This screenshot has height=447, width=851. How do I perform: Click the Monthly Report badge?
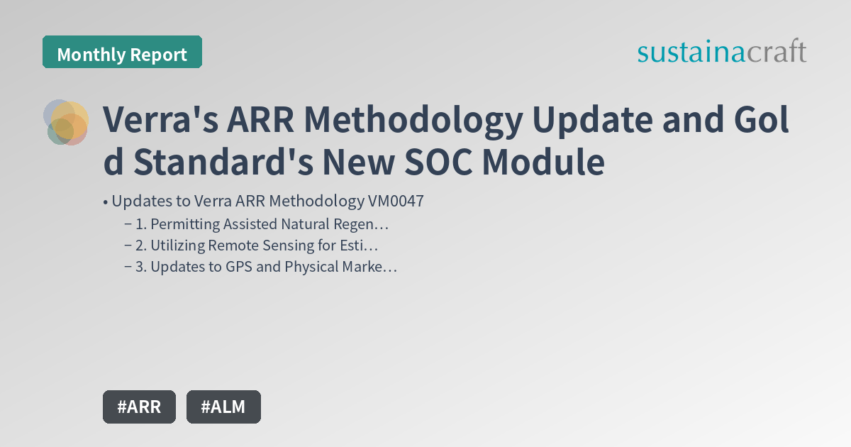coord(122,54)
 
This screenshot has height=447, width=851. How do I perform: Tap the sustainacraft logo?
coord(721,52)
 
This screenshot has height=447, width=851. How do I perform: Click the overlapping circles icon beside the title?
coord(66,122)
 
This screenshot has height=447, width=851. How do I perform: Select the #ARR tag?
coord(139,407)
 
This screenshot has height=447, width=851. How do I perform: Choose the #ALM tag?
coord(223,407)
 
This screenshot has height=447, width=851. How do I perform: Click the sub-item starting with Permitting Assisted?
coord(262,225)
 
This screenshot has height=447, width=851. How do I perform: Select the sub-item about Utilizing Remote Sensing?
coord(257,246)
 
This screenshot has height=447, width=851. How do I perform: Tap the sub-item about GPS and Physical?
coord(266,267)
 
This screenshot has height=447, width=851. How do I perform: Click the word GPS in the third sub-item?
coord(224,267)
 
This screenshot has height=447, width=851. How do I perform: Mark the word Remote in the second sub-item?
coord(233,246)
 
